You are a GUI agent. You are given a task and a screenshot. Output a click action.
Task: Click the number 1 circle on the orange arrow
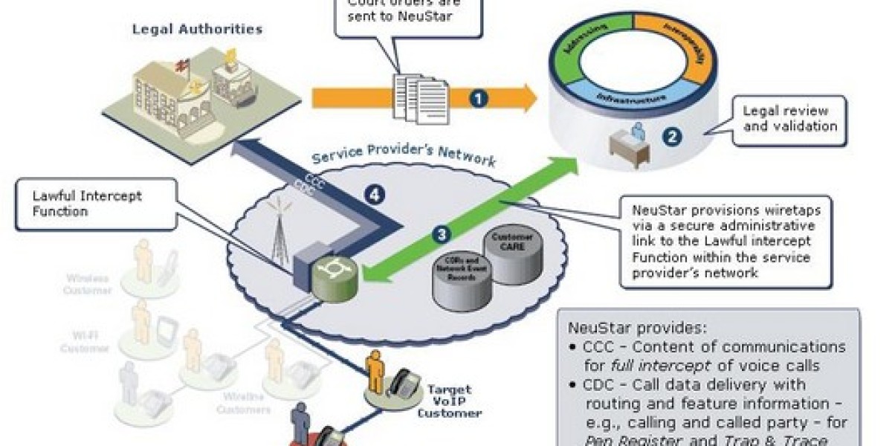tap(479, 97)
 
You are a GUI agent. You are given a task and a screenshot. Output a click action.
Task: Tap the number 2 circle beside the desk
tap(672, 137)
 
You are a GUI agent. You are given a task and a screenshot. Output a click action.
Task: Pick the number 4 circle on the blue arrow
tap(375, 195)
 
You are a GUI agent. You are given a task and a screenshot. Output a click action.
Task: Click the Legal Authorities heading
tap(197, 30)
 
